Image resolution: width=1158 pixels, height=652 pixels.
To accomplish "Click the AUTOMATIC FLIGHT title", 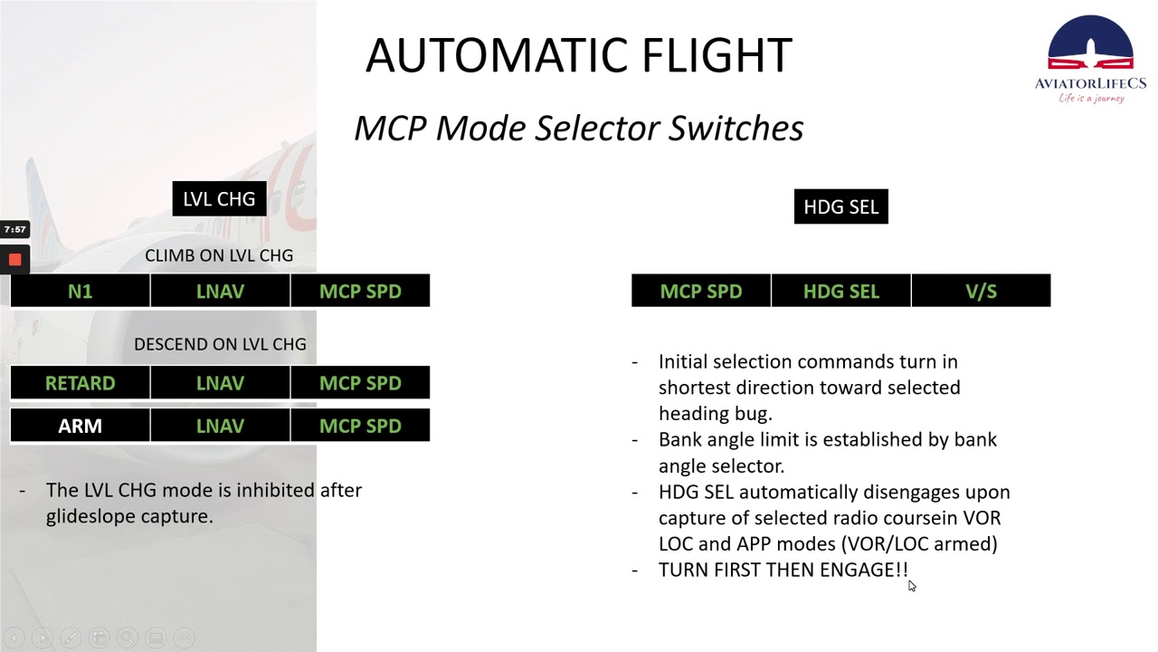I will [578, 56].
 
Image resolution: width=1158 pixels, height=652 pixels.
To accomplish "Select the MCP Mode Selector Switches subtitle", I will [578, 128].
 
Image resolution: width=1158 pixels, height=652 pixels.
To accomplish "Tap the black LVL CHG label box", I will [219, 199].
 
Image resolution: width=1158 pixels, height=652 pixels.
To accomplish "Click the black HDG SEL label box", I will [840, 206].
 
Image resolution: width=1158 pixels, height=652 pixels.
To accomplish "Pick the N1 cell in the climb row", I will [80, 292].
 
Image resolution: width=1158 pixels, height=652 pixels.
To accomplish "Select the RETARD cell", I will [80, 383].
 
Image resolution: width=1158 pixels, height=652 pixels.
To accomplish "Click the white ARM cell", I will [80, 426].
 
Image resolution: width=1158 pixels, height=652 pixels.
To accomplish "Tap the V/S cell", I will [981, 292].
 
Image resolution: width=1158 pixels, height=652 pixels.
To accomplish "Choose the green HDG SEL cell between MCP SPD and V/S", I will [840, 292].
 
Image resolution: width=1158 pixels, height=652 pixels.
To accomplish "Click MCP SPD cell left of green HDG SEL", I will [701, 292].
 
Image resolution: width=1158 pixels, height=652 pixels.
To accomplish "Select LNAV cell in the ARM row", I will [220, 426].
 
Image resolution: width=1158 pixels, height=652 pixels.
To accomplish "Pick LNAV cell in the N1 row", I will [220, 292].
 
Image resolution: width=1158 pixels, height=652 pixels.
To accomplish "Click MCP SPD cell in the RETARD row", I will [360, 383].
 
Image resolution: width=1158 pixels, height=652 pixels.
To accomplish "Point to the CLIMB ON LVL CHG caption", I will [219, 255].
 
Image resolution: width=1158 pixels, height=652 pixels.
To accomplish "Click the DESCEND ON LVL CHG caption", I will [220, 344].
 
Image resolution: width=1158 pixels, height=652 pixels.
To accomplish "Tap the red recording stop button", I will [14, 260].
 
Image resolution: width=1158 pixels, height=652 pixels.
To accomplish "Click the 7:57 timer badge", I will [14, 229].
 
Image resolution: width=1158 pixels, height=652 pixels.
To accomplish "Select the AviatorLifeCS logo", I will [1090, 59].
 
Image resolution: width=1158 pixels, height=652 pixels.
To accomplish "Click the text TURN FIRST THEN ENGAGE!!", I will [783, 570].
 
